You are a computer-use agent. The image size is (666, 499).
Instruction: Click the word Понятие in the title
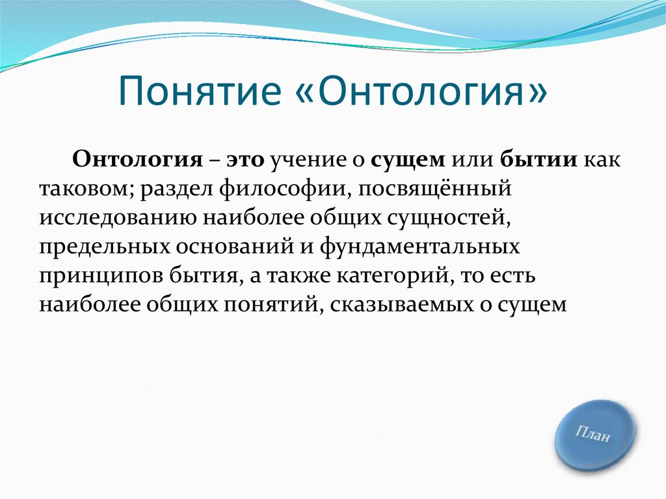pyautogui.click(x=200, y=90)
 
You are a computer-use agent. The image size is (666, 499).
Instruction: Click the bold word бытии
pyautogui.click(x=539, y=160)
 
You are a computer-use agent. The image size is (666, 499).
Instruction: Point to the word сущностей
pyautogui.click(x=448, y=219)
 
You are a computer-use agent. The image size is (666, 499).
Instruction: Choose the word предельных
pyautogui.click(x=104, y=247)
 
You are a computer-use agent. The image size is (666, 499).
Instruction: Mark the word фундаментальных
pyautogui.click(x=420, y=247)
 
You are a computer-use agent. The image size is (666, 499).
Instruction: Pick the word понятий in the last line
pyautogui.click(x=271, y=305)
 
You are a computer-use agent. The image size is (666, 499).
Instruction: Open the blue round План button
pyautogui.click(x=594, y=435)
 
